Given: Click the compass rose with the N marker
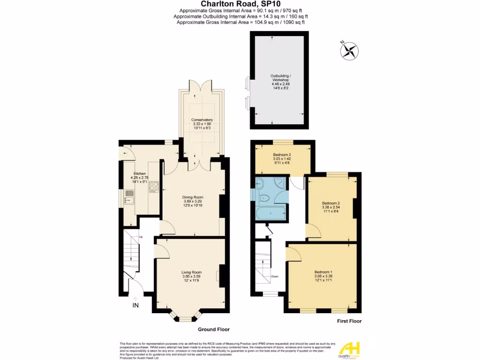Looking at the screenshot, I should (349, 51).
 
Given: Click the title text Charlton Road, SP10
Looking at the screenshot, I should (240, 4).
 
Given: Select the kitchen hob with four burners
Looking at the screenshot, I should (154, 187).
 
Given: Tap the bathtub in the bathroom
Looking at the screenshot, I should (271, 214).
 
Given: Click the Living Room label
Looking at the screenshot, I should (191, 272).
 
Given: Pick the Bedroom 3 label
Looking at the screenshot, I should (282, 155).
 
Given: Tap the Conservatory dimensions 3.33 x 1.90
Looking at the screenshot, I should (202, 124).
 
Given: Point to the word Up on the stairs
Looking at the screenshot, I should (141, 237).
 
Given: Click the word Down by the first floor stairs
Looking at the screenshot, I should (275, 276).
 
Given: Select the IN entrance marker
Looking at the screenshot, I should (135, 306).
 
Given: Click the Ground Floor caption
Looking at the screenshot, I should (213, 329).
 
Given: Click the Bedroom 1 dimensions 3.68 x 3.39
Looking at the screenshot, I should (323, 276).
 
